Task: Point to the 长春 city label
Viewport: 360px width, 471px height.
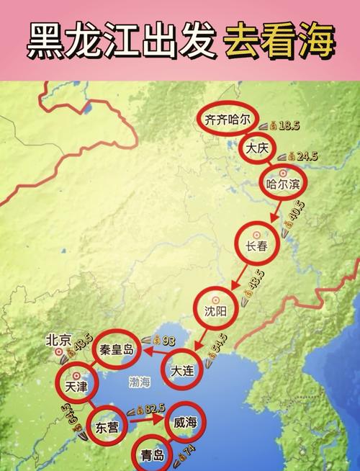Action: pyautogui.click(x=256, y=246)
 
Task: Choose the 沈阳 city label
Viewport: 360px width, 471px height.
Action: pyautogui.click(x=215, y=310)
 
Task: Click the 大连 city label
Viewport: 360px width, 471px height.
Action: pyautogui.click(x=181, y=371)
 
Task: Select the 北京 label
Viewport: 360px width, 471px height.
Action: pyautogui.click(x=58, y=339)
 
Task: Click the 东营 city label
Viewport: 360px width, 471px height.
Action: pyautogui.click(x=107, y=427)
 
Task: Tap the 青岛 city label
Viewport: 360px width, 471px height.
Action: pyautogui.click(x=153, y=454)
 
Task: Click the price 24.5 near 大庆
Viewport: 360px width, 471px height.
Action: pyautogui.click(x=307, y=156)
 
